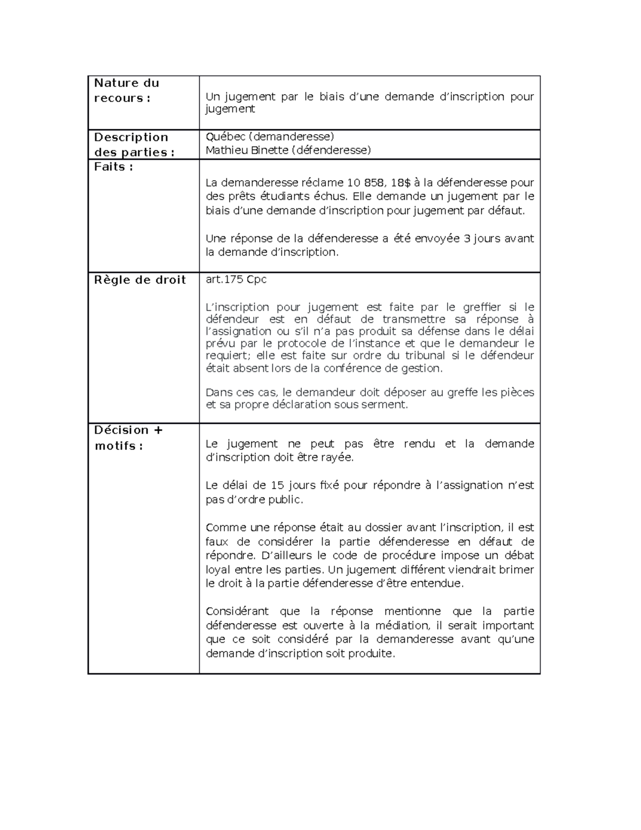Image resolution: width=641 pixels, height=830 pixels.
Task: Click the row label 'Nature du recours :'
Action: tap(127, 90)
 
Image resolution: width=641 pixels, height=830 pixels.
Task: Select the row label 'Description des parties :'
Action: tap(134, 145)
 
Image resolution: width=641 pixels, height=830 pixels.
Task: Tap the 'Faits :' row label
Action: tap(113, 167)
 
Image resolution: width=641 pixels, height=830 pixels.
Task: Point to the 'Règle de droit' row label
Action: tap(140, 280)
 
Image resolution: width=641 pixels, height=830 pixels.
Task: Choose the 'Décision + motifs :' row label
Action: tap(129, 438)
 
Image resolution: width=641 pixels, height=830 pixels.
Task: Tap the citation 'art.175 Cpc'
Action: tap(236, 280)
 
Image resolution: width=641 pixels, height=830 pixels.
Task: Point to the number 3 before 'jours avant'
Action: tap(467, 238)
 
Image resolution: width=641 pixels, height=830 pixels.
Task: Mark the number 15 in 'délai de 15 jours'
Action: tap(277, 485)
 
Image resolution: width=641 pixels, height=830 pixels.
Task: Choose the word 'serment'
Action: tap(389, 405)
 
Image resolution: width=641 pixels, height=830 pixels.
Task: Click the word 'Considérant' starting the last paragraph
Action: tap(235, 611)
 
